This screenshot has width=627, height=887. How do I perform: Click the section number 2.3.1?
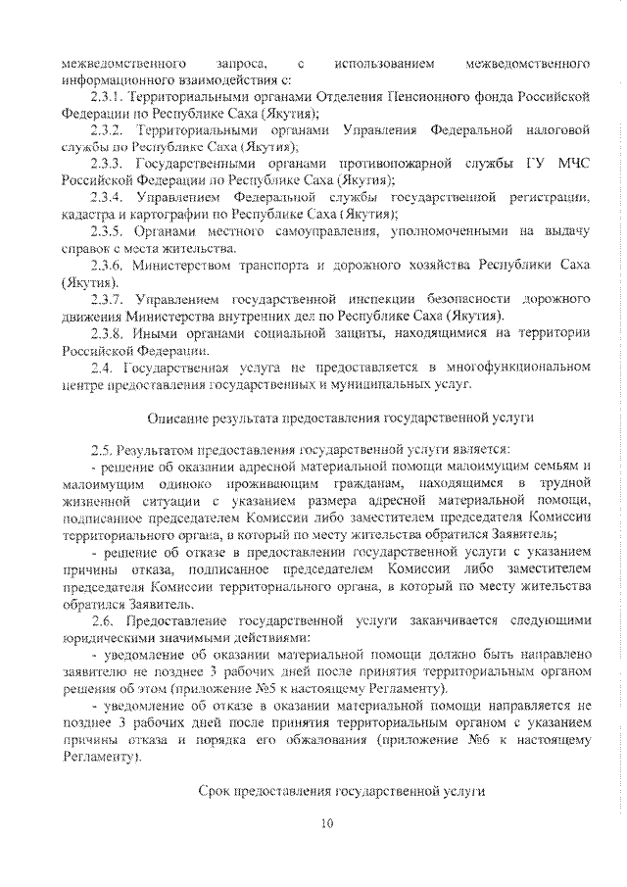pyautogui.click(x=105, y=98)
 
